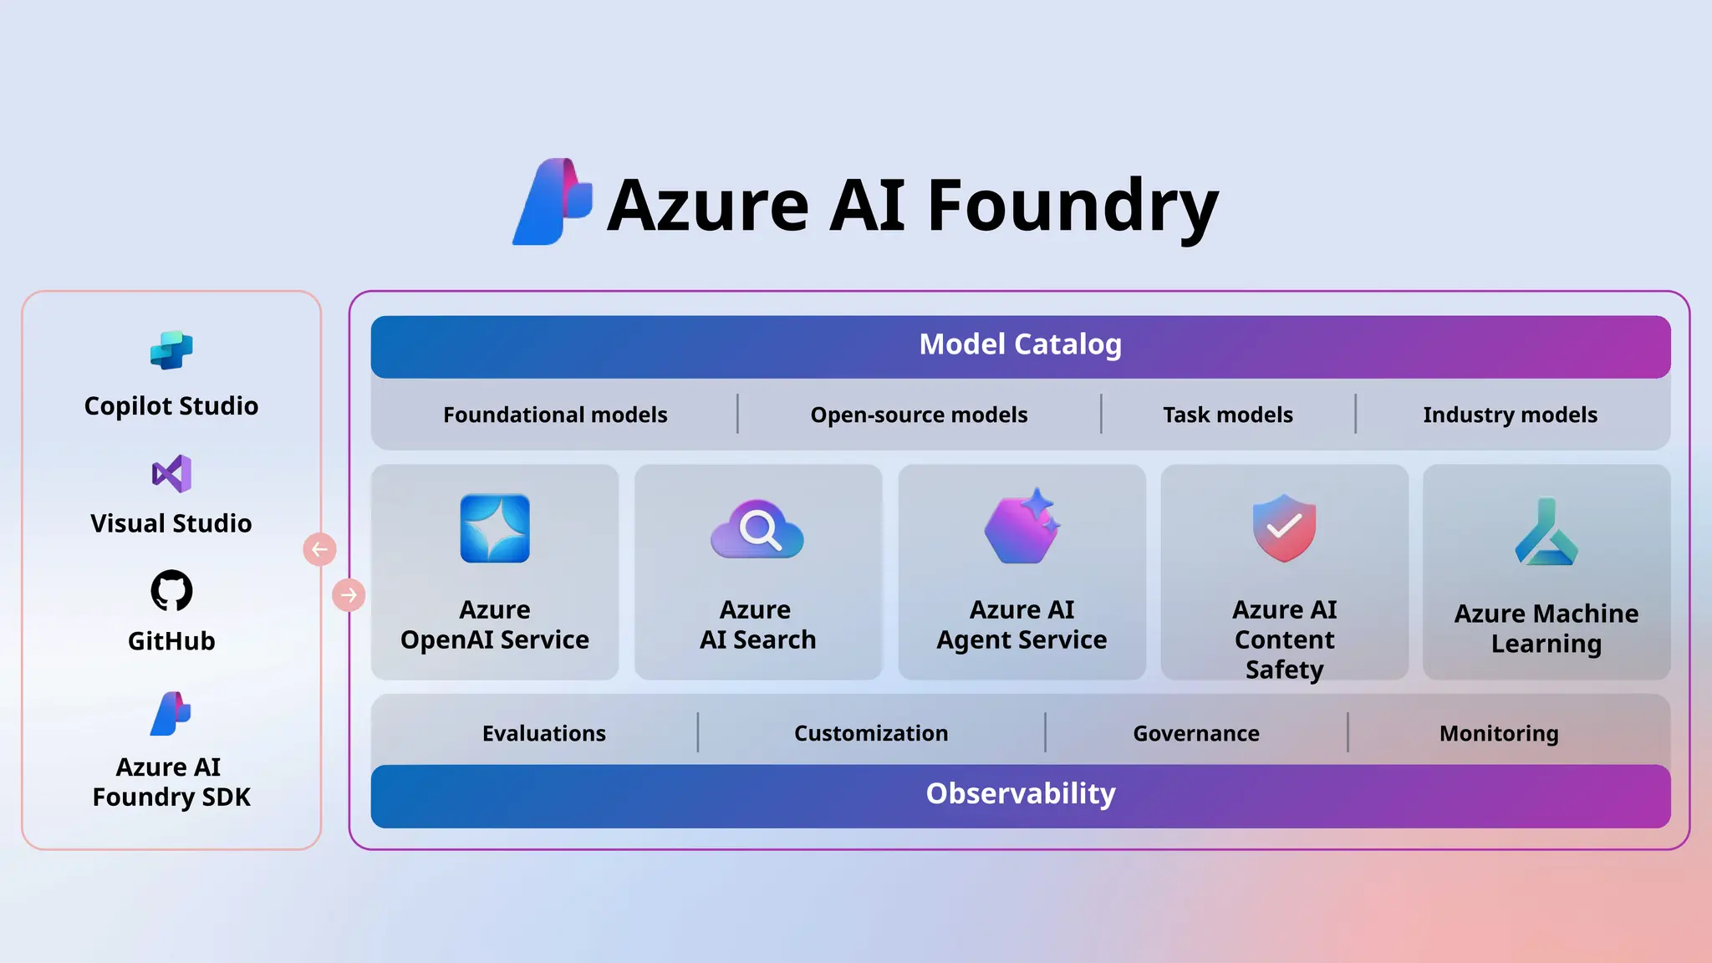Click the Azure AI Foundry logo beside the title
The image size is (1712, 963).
coord(553,201)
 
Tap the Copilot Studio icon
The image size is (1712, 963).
coord(171,350)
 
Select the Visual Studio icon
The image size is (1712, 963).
coord(171,474)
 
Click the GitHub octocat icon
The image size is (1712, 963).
coord(171,591)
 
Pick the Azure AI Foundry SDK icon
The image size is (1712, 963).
coord(171,714)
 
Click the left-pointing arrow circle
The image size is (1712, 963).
coord(319,550)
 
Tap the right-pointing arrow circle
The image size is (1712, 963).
coord(349,595)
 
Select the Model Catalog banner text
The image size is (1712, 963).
coord(1020,344)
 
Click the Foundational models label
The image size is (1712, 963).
coord(555,415)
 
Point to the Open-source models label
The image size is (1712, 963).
coord(919,415)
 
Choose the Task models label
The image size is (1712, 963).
coord(1227,415)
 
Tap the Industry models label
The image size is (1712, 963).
coord(1510,415)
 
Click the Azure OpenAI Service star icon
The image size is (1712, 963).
coord(495,528)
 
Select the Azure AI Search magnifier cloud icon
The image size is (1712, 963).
coord(757,529)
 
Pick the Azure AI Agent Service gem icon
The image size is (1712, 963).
coord(1022,527)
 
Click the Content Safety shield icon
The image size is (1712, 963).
coord(1284,527)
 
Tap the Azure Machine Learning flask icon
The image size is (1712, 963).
coord(1546,532)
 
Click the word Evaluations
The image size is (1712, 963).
coord(544,733)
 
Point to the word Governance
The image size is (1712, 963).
coord(1196,733)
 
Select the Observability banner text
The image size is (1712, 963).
coord(1020,793)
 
